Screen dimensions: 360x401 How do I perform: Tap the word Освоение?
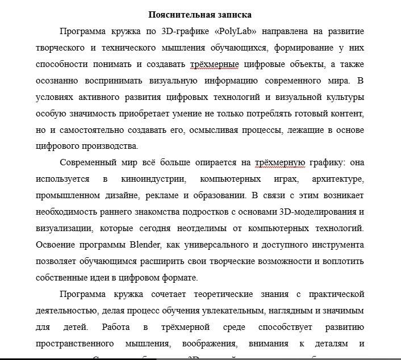click(55, 245)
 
